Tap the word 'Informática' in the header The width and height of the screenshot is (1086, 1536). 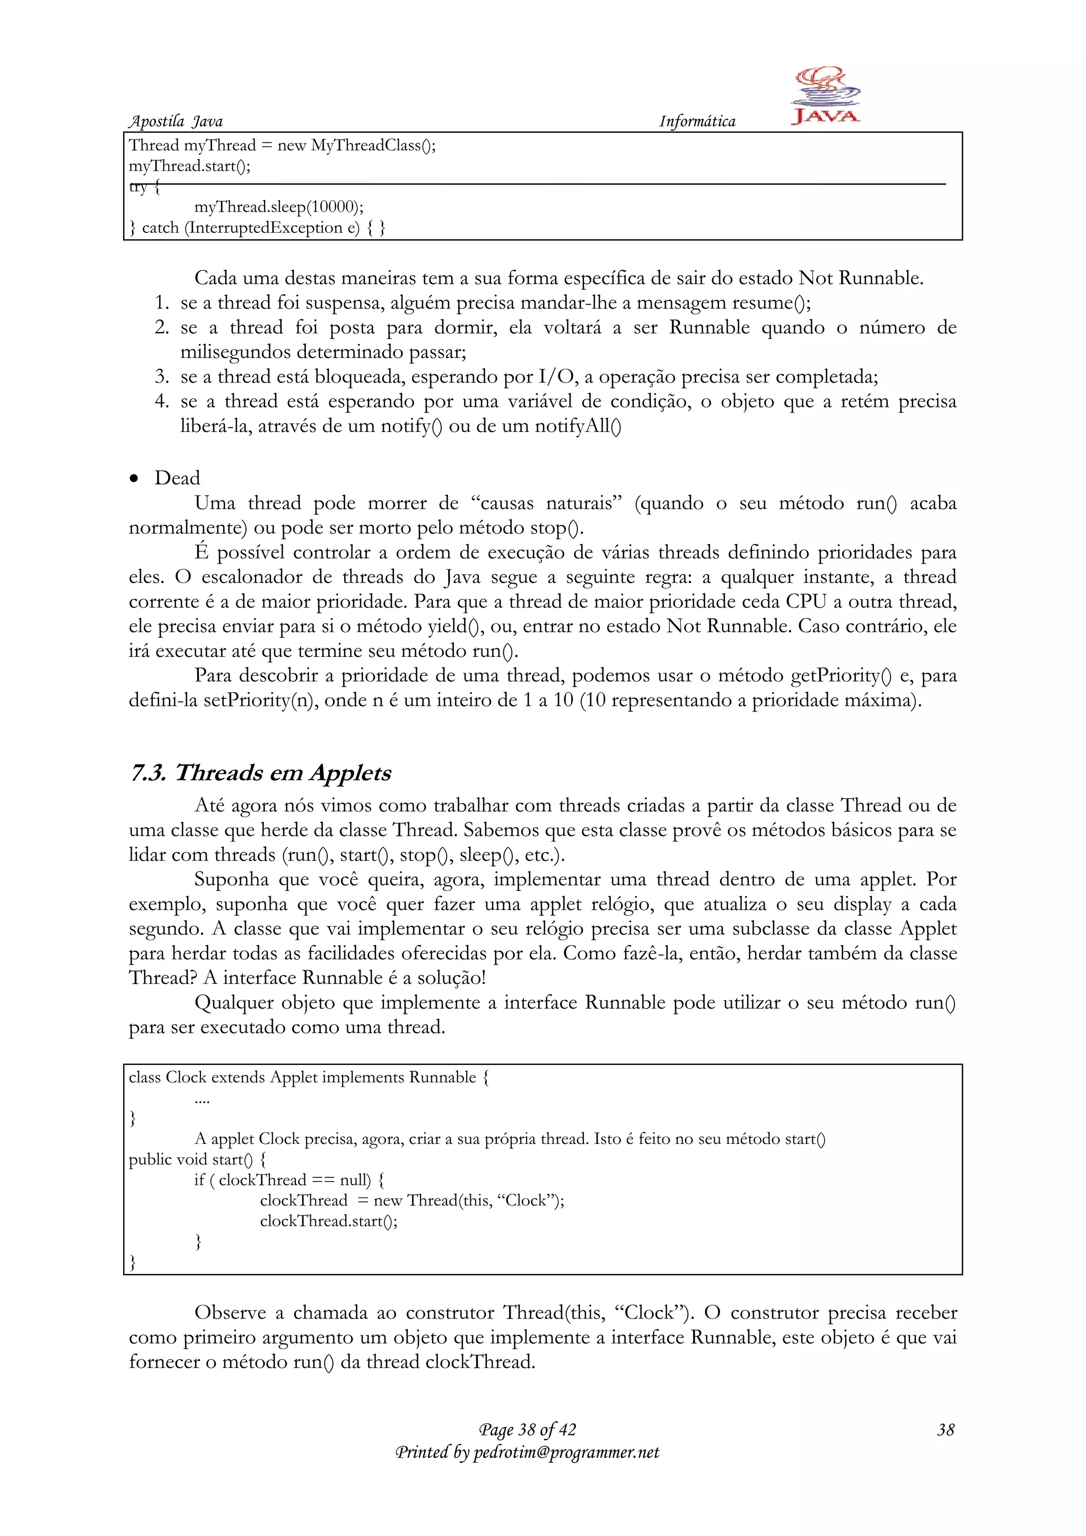click(697, 121)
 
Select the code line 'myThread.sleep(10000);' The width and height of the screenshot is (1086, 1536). click(279, 207)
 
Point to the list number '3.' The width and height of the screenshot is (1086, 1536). click(162, 377)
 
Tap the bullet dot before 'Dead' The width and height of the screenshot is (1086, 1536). click(134, 479)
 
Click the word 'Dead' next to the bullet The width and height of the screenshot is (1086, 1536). click(177, 479)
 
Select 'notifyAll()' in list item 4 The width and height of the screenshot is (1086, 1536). click(578, 426)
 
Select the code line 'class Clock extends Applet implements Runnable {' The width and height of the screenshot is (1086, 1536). click(309, 1078)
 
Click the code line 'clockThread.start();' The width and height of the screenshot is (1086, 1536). click(328, 1221)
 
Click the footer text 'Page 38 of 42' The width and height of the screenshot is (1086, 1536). click(527, 1430)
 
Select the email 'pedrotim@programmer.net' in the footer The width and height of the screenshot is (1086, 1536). click(566, 1452)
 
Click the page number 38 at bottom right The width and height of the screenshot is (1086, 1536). click(945, 1430)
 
